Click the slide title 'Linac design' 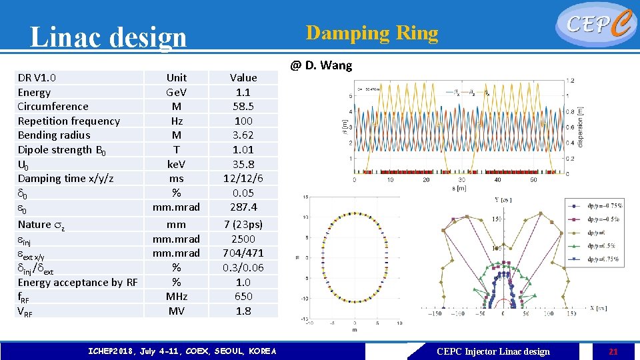coord(109,37)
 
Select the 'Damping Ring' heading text coord(371,33)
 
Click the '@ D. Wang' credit coord(321,65)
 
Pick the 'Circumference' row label coord(53,107)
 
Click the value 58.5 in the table coord(243,107)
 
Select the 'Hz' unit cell coord(177,121)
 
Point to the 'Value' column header coord(243,78)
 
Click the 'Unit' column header coord(177,78)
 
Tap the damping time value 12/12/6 coord(243,179)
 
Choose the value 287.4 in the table coord(243,207)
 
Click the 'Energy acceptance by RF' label coord(77,283)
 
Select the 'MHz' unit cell coord(177,297)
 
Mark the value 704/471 coord(243,253)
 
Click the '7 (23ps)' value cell coord(243,225)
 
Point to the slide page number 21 coord(613,351)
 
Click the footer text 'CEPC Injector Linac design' coord(493,351)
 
